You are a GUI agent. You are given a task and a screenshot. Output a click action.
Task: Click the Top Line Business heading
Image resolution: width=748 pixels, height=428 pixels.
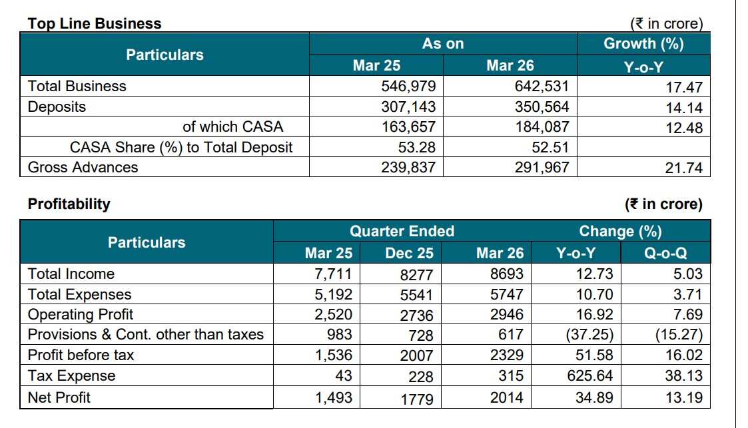coord(95,23)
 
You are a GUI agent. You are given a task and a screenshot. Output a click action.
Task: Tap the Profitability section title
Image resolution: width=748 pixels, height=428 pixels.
coord(69,204)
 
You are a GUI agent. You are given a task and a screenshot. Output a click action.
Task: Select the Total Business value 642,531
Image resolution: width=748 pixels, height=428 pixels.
coord(542,87)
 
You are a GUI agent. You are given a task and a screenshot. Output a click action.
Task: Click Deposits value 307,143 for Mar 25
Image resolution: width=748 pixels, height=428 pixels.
coord(408,107)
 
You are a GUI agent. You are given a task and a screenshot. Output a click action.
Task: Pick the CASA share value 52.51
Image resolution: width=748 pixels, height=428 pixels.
coord(550,147)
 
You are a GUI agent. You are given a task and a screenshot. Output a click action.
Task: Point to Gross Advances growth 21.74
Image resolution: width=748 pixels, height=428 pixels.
coord(683,168)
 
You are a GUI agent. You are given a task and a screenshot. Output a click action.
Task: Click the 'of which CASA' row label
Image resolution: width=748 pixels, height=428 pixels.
coord(233,126)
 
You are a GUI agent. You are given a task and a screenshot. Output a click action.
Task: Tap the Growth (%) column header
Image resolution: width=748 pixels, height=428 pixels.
coord(643,44)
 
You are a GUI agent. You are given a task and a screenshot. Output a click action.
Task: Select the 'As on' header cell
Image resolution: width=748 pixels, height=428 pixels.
coord(443,44)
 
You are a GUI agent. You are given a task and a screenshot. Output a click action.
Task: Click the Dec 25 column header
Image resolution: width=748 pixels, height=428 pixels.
coord(409,253)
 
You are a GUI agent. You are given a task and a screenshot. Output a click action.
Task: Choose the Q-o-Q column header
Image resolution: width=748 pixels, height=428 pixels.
coord(665,253)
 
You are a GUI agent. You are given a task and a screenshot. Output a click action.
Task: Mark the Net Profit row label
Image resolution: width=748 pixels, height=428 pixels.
coord(59,397)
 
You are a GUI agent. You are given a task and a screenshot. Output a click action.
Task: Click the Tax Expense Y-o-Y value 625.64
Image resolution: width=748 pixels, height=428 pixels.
coord(589,376)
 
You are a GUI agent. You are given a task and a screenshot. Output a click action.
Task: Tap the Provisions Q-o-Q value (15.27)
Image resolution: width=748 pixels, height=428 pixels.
coord(679,335)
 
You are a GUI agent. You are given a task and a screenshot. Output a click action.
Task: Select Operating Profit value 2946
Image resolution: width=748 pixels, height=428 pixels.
coord(507,315)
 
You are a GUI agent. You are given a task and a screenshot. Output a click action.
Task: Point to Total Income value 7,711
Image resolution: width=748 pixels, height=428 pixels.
coord(333,274)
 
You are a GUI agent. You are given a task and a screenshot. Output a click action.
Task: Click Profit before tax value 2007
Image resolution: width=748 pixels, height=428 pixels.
coord(416,355)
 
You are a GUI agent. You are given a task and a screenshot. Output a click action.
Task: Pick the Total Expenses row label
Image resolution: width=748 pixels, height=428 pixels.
coord(79,295)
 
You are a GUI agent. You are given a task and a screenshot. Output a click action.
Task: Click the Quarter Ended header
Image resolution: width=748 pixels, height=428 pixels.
coord(402,231)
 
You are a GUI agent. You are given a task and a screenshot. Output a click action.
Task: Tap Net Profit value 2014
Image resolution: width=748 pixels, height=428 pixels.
coord(507,397)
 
